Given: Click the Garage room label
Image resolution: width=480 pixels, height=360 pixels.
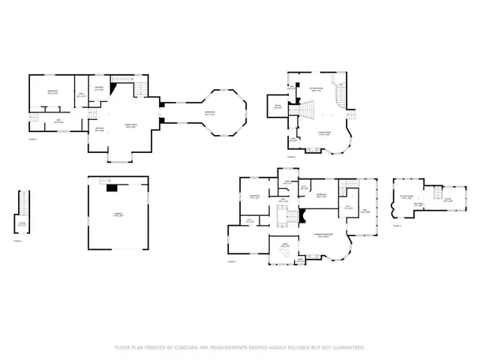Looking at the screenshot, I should tap(118, 216).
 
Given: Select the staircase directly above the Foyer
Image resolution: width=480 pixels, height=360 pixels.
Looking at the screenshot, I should tap(23, 202).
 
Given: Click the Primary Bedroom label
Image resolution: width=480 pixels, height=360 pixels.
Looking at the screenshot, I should tap(323, 235).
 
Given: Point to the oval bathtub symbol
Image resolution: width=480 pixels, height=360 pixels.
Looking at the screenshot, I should tap(285, 255).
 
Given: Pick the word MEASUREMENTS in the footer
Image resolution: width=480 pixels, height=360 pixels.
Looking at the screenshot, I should tap(235, 348).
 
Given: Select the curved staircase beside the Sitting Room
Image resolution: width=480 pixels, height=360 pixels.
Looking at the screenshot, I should tap(341, 94).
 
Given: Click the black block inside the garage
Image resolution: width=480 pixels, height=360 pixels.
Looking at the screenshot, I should tap(112, 188).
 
